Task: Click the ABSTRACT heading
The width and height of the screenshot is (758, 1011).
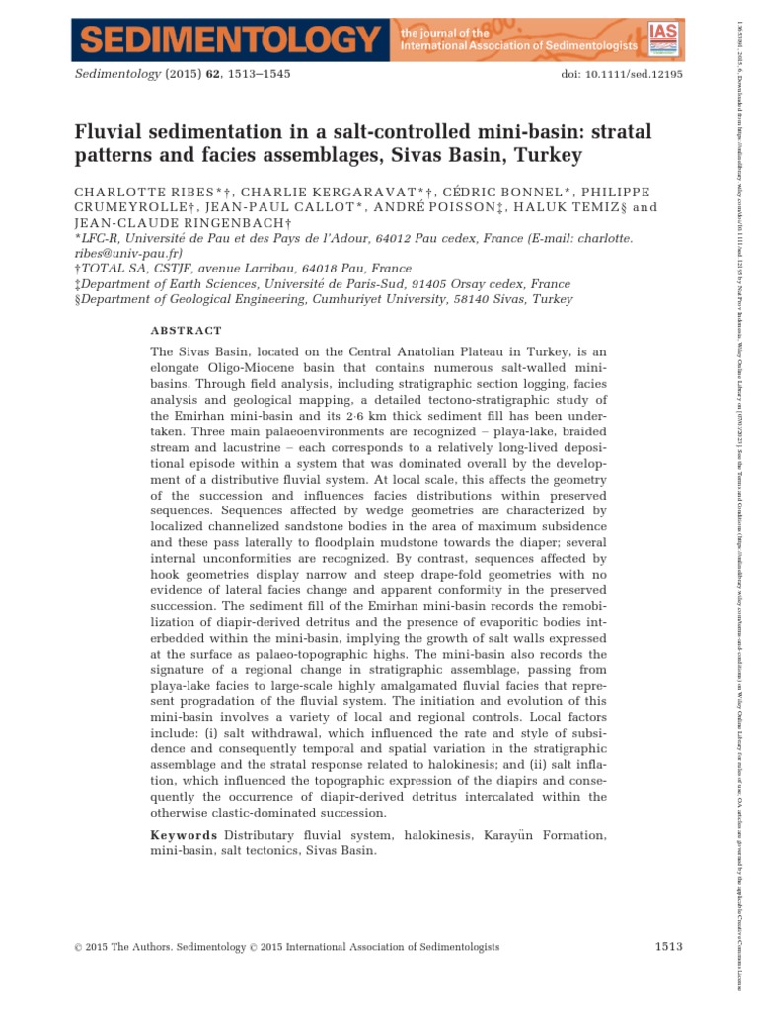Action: (186, 331)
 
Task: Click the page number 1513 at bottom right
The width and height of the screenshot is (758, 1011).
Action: (669, 947)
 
